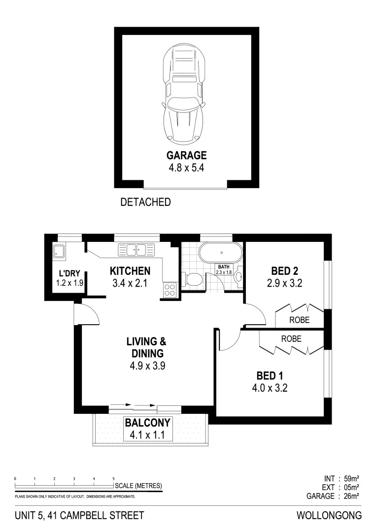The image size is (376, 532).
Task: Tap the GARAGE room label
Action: pos(186,156)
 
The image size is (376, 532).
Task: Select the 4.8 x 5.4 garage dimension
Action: pos(186,167)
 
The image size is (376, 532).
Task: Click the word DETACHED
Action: pos(145,202)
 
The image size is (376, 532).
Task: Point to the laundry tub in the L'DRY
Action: pos(60,252)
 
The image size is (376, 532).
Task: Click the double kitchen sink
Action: pos(136,250)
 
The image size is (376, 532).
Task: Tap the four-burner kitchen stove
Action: pos(170,289)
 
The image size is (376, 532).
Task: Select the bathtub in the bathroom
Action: pos(221,254)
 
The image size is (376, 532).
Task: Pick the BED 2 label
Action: pos(285,271)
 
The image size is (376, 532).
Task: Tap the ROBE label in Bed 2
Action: pos(300,320)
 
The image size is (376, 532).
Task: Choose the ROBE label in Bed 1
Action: pos(291,339)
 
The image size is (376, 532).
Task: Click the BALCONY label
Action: pos(147,423)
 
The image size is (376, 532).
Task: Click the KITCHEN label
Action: pos(130,271)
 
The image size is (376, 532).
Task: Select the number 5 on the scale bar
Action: pos(114,478)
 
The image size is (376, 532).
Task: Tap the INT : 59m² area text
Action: pos(340,478)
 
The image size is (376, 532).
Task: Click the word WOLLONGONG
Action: pos(329,516)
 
